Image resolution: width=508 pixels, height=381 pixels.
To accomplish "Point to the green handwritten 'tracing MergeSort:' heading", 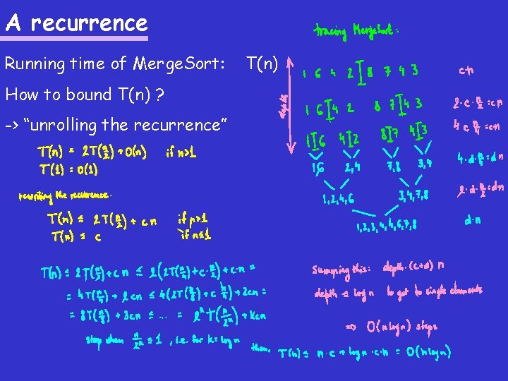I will [x=356, y=32].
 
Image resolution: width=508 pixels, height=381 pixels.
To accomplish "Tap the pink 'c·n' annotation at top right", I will [x=466, y=70].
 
